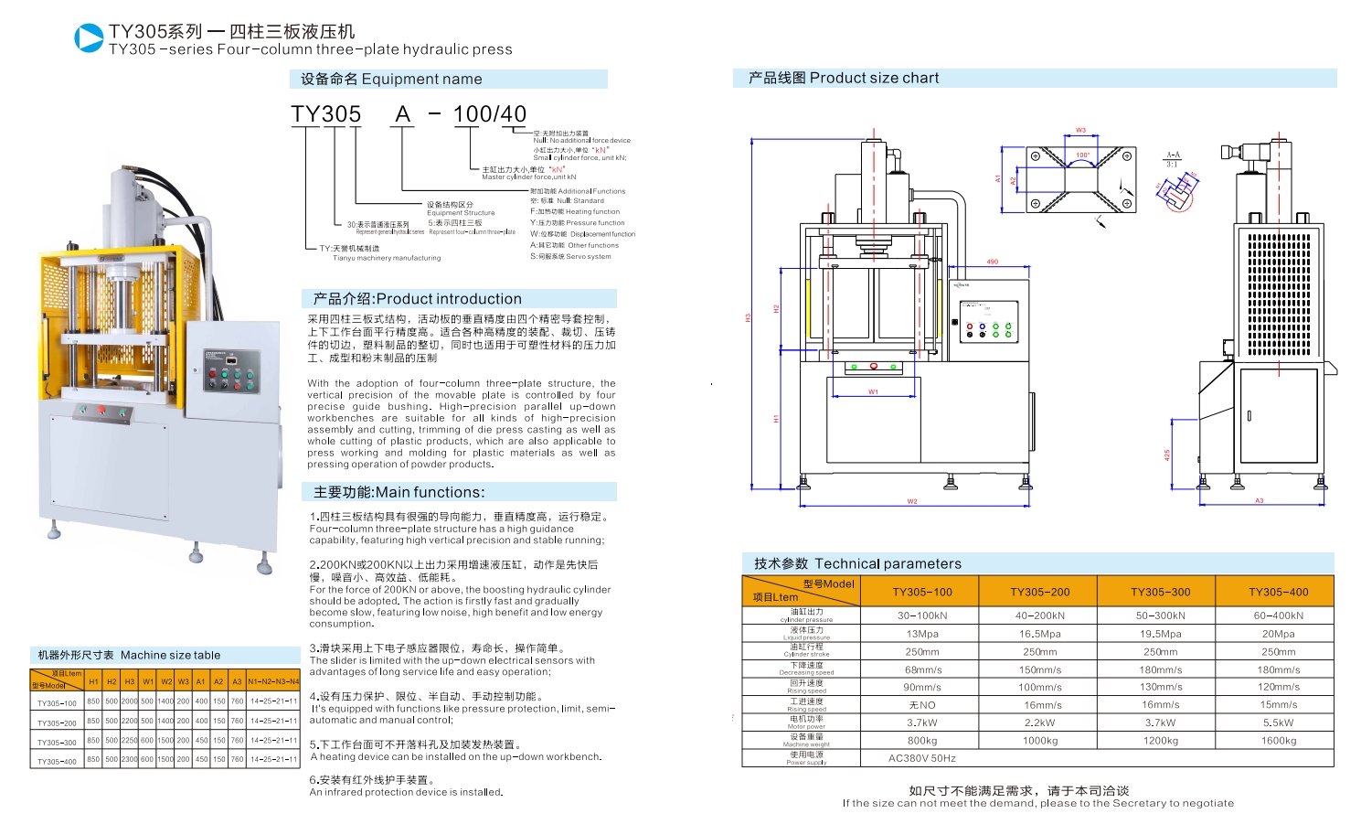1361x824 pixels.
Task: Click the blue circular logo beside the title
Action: [89, 38]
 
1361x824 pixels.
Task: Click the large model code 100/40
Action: [489, 114]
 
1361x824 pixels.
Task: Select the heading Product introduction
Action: [448, 299]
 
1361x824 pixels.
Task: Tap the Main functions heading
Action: [430, 492]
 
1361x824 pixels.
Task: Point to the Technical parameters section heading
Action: [888, 563]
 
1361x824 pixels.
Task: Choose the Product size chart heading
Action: [874, 79]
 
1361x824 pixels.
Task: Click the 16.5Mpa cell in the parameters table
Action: [1040, 634]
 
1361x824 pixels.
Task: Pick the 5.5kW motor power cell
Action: [1278, 722]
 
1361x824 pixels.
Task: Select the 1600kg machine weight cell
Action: [1278, 741]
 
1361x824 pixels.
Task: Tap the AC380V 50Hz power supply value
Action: [921, 758]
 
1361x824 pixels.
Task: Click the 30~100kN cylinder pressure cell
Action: [922, 615]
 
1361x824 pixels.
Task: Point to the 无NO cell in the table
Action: [922, 705]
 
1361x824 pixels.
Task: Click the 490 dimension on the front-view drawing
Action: [992, 262]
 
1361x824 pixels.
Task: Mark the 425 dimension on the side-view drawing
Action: [1167, 455]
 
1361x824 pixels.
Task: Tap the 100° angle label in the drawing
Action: [1082, 155]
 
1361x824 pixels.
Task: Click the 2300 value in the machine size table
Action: [129, 759]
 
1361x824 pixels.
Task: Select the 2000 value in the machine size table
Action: [129, 701]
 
